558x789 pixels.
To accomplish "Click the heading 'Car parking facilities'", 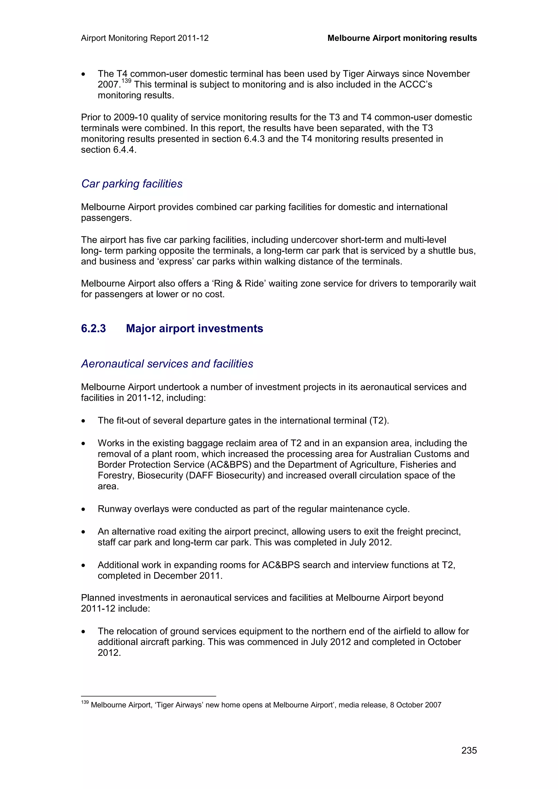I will (x=132, y=184).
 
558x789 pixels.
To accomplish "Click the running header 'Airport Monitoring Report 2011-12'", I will (x=145, y=38).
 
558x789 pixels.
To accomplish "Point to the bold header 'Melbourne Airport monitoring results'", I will (x=402, y=38).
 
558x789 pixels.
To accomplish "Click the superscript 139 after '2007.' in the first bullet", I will (x=126, y=81).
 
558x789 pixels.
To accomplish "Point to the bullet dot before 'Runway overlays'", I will (x=83, y=510).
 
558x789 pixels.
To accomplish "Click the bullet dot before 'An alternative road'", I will (x=83, y=532).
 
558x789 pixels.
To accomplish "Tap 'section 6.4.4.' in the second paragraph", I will (x=109, y=150).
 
